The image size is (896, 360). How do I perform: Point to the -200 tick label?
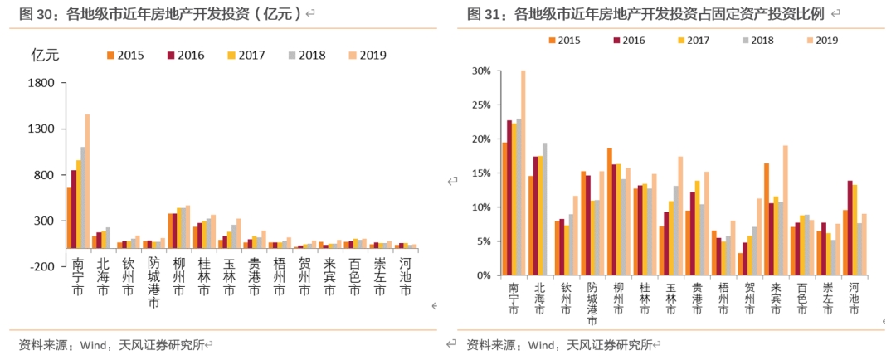tap(41, 267)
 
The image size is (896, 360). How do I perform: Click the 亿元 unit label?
tap(45, 55)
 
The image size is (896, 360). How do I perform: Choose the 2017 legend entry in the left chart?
tap(246, 55)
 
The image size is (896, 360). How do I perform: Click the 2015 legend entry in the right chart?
tap(563, 39)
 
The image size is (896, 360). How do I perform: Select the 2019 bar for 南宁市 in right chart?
tap(523, 173)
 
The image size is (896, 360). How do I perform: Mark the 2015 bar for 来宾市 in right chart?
tap(767, 219)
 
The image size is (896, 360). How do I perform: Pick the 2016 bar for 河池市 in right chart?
tap(850, 227)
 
